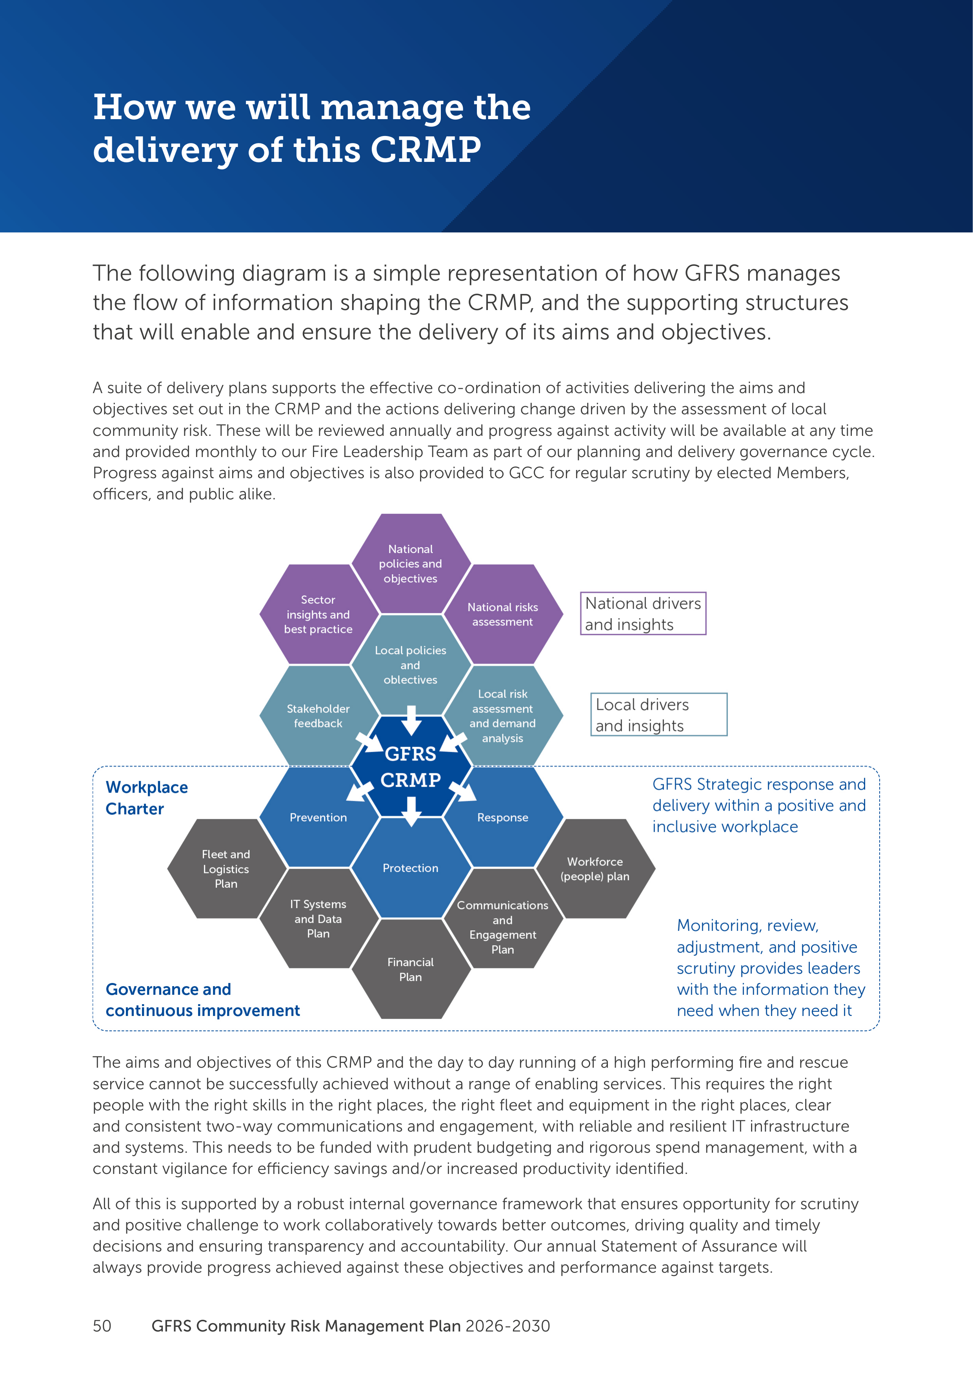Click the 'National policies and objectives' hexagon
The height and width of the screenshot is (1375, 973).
(410, 563)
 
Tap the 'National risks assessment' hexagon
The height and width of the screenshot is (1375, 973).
(503, 614)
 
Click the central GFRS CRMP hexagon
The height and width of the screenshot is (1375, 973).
(410, 767)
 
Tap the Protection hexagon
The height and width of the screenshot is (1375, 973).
(410, 868)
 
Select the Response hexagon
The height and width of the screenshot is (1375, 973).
(503, 817)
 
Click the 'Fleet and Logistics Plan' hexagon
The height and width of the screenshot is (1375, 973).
(226, 868)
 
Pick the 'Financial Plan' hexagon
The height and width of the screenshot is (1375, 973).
(410, 969)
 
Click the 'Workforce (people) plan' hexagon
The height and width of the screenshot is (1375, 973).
(595, 868)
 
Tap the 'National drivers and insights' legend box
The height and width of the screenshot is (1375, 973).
(643, 613)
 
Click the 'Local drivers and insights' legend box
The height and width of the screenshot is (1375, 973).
(658, 715)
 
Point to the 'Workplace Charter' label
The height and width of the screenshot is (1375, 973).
(147, 798)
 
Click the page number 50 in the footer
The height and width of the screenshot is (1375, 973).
(102, 1326)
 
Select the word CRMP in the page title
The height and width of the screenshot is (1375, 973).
(426, 150)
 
